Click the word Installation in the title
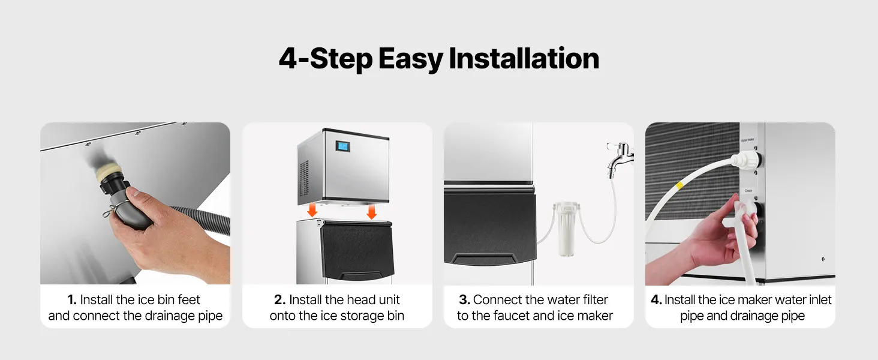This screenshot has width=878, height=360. click(524, 58)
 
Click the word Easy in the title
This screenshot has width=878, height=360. click(410, 59)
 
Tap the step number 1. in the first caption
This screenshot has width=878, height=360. click(72, 299)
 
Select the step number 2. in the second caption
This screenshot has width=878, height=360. click(279, 299)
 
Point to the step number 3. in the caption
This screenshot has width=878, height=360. click(464, 299)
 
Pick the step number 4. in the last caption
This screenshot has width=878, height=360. click(656, 299)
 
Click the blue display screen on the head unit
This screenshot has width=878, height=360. click(342, 146)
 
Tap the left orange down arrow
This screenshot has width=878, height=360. click(312, 210)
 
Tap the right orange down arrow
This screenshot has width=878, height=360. click(372, 212)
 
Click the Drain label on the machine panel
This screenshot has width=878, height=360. click(748, 191)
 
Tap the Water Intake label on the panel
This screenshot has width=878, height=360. click(747, 140)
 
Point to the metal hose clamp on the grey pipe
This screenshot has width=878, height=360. click(116, 207)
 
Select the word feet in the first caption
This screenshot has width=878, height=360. click(189, 299)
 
